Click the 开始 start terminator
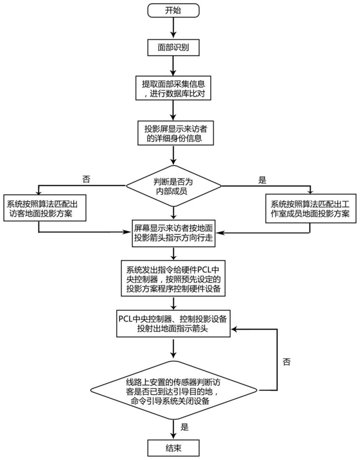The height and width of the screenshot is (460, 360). click(x=173, y=9)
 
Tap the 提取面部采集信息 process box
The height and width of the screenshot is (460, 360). click(x=173, y=87)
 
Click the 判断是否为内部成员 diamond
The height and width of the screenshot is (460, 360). click(x=173, y=186)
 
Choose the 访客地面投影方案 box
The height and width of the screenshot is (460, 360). click(x=45, y=209)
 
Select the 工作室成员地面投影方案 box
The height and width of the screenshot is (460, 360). click(x=310, y=209)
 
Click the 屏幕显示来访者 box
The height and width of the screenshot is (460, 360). click(x=173, y=232)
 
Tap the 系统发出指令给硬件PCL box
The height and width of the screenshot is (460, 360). click(x=173, y=276)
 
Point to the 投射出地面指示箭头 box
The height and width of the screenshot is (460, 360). click(x=173, y=323)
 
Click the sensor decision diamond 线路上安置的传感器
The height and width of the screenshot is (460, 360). click(x=173, y=392)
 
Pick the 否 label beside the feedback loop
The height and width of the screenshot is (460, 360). click(x=286, y=360)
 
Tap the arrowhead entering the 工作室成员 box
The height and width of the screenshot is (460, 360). click(x=310, y=192)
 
